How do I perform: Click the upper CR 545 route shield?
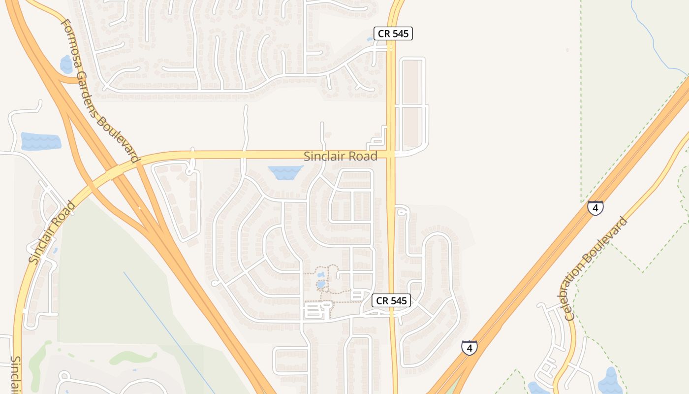coord(393,33)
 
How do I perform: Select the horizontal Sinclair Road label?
coord(340,157)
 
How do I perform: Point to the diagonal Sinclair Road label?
coord(52,232)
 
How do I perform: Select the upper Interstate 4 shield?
coord(595,208)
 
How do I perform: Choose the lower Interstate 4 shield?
coord(469,348)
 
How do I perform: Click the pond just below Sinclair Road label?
coord(285,172)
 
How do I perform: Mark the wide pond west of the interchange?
coord(41,141)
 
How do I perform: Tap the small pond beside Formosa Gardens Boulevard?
coord(66,64)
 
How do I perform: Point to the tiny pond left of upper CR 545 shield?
coord(370,39)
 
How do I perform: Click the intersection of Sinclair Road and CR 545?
coord(392,155)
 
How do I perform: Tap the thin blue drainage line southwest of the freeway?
coord(167,330)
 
